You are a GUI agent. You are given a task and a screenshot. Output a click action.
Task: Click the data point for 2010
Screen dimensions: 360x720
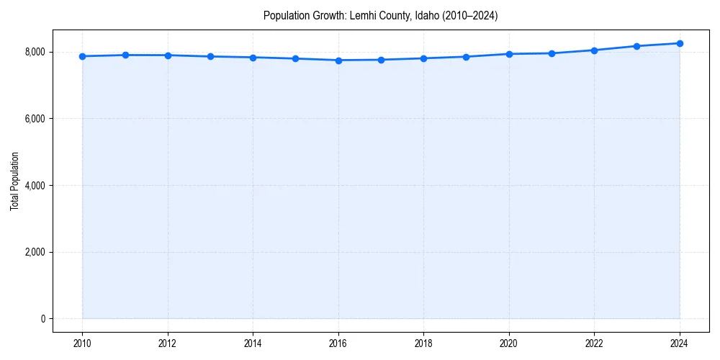[82, 56]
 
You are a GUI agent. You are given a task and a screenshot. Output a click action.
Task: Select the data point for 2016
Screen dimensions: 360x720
[338, 60]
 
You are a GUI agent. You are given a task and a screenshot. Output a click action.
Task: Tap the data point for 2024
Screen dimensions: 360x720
[680, 43]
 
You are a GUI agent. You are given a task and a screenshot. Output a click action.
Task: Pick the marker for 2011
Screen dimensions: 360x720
[125, 55]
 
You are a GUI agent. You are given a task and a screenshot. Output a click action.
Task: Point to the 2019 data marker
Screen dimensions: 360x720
[467, 57]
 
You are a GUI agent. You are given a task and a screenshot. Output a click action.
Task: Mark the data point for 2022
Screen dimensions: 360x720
[594, 50]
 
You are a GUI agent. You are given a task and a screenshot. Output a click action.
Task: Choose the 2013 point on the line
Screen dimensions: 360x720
[210, 56]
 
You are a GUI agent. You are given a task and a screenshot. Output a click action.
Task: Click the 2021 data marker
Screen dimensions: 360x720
[552, 53]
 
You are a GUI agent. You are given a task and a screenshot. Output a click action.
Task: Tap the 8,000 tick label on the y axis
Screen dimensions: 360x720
[35, 52]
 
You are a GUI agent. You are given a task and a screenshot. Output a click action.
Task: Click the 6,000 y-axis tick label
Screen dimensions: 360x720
[35, 119]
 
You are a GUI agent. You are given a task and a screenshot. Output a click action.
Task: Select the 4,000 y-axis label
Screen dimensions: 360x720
[35, 186]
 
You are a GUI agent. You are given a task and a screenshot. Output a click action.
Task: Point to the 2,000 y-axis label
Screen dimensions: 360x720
[35, 252]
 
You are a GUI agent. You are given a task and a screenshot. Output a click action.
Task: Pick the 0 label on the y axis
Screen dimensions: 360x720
[42, 319]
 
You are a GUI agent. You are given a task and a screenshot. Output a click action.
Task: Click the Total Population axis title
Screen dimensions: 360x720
[14, 181]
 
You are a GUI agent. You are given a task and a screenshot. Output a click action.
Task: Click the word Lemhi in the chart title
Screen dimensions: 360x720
[363, 15]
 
